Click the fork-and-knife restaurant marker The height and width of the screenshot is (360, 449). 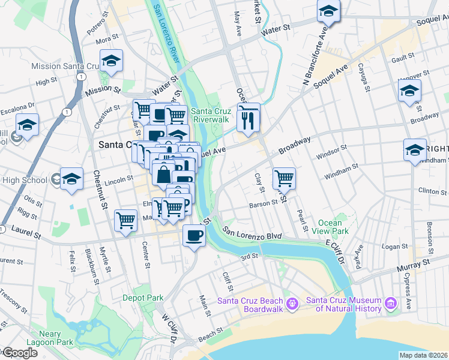coord(248,120)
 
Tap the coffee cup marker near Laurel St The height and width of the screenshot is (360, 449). coord(194,235)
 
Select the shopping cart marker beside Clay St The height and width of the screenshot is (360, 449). coord(284,178)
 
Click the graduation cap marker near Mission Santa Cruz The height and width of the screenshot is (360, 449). coord(111,61)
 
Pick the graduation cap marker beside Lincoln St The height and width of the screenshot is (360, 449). coord(71,179)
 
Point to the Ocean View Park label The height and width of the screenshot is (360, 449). coord(333,227)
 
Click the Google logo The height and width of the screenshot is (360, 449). coord(19,353)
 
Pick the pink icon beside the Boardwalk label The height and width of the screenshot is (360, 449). coord(292,304)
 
